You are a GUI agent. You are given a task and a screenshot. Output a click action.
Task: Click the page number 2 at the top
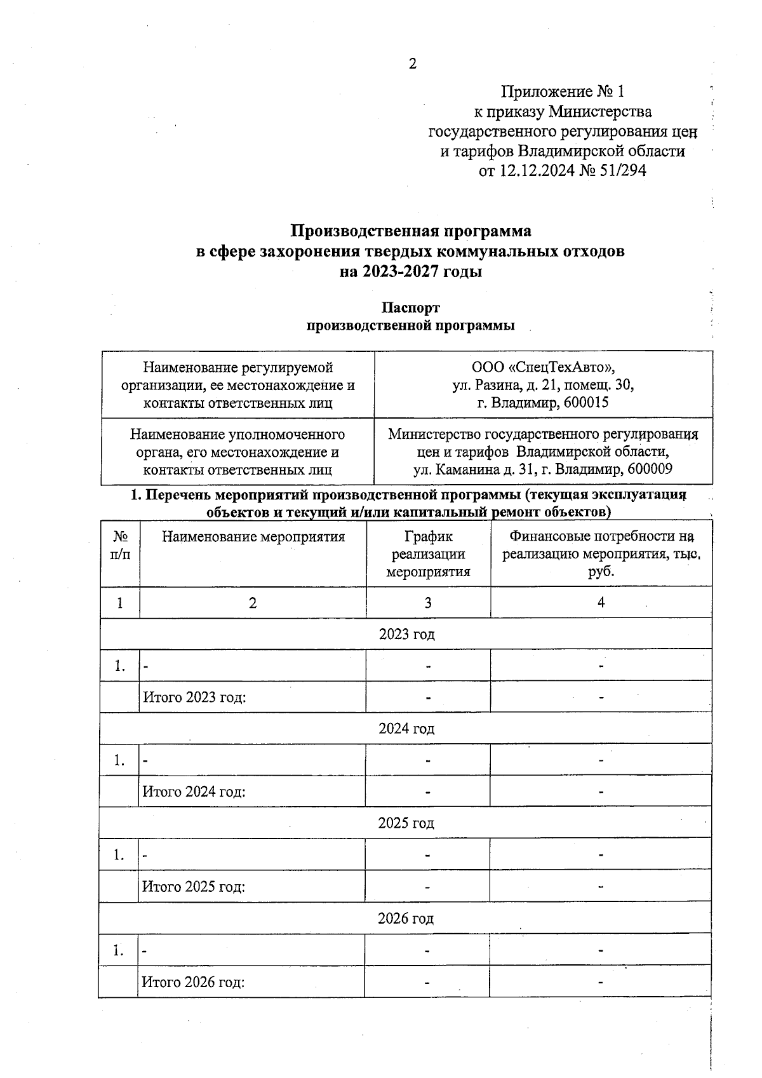pyautogui.click(x=413, y=64)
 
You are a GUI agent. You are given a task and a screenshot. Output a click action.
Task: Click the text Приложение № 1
pyautogui.click(x=567, y=93)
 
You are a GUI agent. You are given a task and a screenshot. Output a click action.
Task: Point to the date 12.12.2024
pyautogui.click(x=535, y=171)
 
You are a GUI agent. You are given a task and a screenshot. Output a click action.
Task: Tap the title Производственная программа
pyautogui.click(x=411, y=230)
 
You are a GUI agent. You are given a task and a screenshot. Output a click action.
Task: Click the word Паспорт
pyautogui.click(x=410, y=308)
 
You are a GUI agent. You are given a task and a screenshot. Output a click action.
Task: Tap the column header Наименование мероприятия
pyautogui.click(x=253, y=537)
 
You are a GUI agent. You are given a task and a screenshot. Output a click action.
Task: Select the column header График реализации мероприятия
pyautogui.click(x=428, y=554)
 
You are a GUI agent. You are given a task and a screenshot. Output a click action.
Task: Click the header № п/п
pyautogui.click(x=120, y=546)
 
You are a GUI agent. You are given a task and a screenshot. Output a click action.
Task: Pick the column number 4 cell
pyautogui.click(x=601, y=603)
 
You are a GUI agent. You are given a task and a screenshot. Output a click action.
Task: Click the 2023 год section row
pyautogui.click(x=406, y=634)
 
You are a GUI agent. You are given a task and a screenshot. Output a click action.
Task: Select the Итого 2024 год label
pyautogui.click(x=194, y=792)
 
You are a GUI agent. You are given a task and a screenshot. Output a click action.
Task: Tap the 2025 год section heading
pyautogui.click(x=406, y=823)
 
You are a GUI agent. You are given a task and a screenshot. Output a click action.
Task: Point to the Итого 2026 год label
pyautogui.click(x=193, y=982)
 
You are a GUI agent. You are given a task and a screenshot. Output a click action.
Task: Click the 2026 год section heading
pyautogui.click(x=406, y=919)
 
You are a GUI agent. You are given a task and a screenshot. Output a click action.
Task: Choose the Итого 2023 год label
pyautogui.click(x=194, y=697)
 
